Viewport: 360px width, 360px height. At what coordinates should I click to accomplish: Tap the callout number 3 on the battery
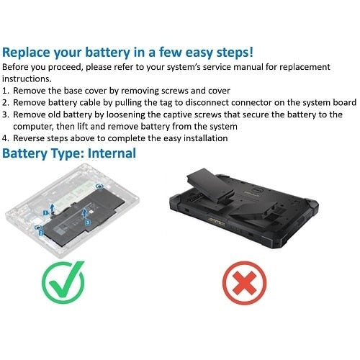click(87, 222)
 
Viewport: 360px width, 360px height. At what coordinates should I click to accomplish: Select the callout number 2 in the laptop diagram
click(41, 233)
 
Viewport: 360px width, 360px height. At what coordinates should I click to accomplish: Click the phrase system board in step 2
click(326, 103)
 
